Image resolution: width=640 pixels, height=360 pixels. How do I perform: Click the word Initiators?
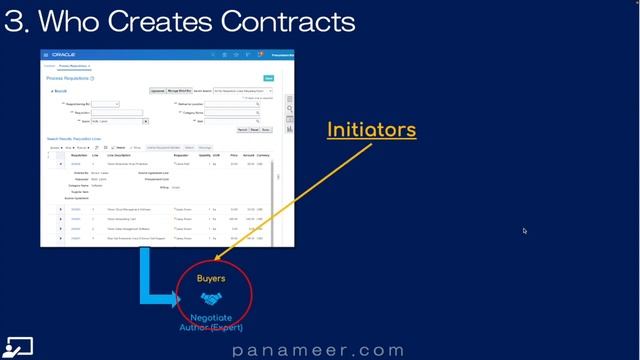point(371,130)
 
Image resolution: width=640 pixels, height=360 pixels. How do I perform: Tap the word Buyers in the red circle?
point(210,279)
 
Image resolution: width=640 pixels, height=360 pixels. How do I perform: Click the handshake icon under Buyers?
point(210,298)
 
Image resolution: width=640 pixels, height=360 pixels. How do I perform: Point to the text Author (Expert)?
point(211,327)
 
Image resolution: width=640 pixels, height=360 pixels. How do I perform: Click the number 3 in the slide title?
point(13,21)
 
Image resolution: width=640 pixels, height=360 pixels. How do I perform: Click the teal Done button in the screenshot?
point(268,77)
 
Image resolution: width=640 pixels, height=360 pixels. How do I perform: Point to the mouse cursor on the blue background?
point(524,231)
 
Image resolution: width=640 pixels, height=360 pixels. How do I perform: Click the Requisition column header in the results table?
point(79,155)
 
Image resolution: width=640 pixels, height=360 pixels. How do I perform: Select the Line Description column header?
point(122,155)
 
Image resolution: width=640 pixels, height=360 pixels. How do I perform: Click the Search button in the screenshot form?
point(243,129)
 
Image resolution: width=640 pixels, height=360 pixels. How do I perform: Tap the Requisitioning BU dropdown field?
point(106,104)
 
